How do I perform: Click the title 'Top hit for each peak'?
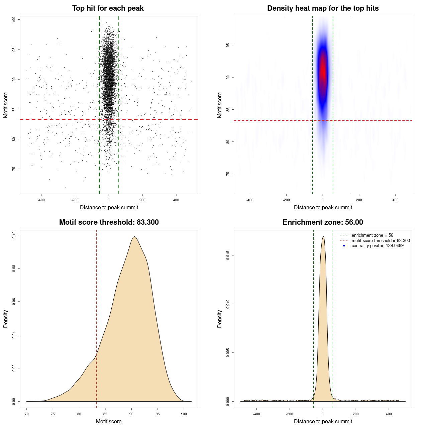coord(108,8)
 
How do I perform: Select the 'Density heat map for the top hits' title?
coord(323,8)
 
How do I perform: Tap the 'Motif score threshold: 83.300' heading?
coord(109,222)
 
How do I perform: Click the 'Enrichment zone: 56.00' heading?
coord(323,222)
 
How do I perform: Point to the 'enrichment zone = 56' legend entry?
coord(372,235)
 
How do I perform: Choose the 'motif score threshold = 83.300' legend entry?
coord(381,240)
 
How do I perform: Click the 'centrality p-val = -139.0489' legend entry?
coord(378,246)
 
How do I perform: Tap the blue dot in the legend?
coord(344,246)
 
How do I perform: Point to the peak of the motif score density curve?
coord(134,237)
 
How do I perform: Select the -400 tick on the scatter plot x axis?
coord(41,200)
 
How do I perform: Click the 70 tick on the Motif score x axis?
coord(27,414)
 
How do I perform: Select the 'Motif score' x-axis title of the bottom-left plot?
coord(109,421)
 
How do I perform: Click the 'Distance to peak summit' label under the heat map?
coord(323,207)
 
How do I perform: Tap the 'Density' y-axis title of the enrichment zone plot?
coord(220,319)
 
